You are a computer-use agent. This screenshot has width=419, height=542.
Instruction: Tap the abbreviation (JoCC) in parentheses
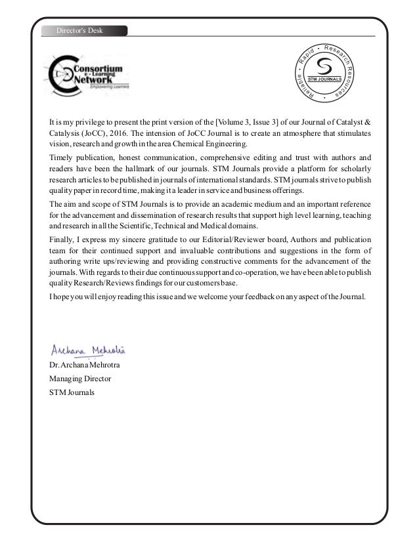pos(102,133)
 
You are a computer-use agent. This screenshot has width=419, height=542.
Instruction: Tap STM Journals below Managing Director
pos(72,392)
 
